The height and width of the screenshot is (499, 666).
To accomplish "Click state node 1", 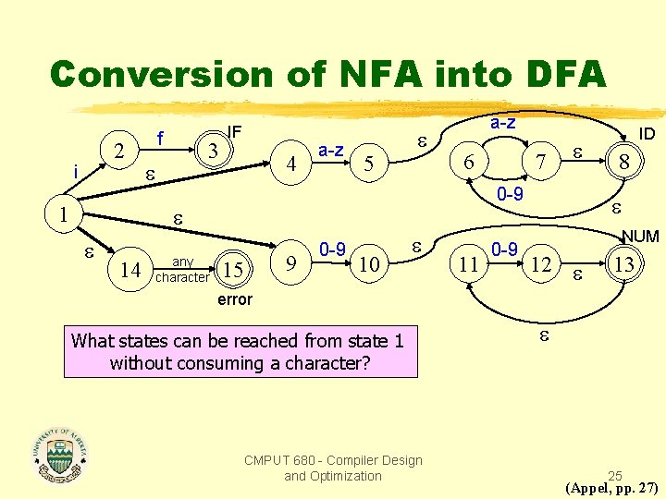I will coord(62,213).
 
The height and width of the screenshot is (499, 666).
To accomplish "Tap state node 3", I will coord(213,150).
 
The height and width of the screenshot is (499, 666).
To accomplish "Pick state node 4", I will coord(292,164).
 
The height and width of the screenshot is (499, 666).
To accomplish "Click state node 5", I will coord(368,164).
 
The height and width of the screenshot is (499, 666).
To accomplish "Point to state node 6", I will coord(470,162).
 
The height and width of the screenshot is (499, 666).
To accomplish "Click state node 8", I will coord(624,163).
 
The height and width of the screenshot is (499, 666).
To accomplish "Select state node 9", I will coord(292,264).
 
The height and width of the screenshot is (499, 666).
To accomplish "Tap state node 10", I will coord(368,265).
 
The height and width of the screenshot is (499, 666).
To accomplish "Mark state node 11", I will coord(470,264).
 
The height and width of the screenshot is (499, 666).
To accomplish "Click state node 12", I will coord(542,265).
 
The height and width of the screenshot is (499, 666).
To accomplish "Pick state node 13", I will coord(624,264).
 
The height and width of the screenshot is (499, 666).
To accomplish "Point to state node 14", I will coord(130,270).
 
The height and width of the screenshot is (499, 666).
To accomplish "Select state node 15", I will coord(234,271).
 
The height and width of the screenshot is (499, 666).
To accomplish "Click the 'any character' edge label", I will coord(182,270).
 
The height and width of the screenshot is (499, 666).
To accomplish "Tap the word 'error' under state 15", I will coord(235,299).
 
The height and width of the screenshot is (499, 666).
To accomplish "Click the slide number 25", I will coord(615,476).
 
